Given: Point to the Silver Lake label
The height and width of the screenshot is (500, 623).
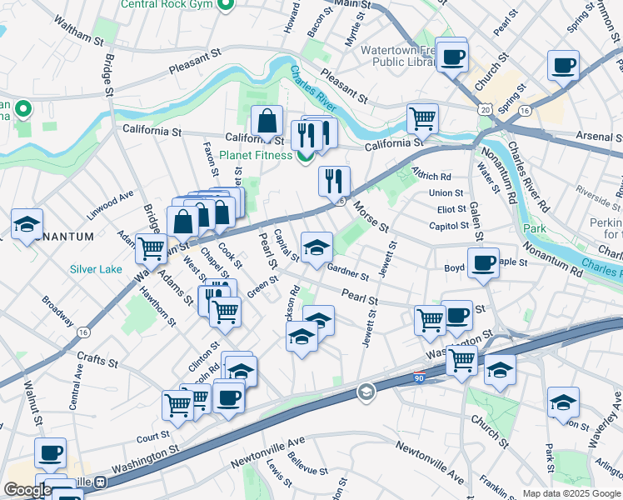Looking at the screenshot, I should coord(96,269).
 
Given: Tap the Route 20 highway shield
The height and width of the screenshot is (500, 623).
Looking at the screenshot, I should coord(485,109).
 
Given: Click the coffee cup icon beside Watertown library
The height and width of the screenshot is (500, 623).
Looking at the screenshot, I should coord(452,57).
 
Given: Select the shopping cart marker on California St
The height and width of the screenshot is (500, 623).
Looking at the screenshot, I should coord(422,118).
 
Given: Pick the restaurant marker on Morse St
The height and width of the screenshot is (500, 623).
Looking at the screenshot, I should coord(334,179).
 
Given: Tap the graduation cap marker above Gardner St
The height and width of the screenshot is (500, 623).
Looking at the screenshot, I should coord(316,247).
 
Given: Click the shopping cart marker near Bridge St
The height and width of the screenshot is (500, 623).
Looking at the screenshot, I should coord(151,247).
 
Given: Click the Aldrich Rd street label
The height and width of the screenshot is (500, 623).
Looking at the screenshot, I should coord(432,177).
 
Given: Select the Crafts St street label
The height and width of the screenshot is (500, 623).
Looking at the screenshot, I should coord(97,358).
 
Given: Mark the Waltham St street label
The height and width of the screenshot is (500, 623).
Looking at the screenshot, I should coord(75,40).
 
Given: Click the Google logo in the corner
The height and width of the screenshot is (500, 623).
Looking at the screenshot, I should coord(27,490).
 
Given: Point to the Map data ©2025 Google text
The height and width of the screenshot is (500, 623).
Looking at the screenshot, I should coord(571,493).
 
